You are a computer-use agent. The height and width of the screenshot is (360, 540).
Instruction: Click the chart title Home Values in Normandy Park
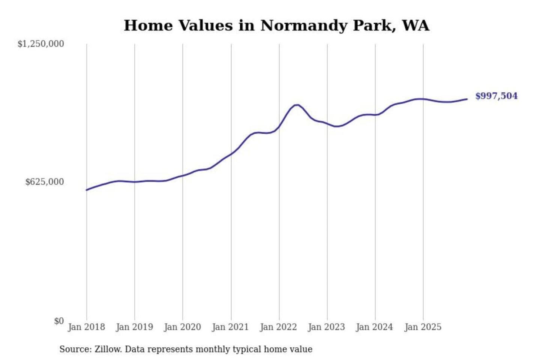tap(276, 25)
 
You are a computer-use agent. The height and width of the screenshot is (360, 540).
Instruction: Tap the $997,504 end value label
tap(496, 96)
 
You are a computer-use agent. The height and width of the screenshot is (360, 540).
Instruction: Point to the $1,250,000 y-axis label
tap(41, 44)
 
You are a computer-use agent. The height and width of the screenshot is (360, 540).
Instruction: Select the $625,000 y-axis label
tap(45, 182)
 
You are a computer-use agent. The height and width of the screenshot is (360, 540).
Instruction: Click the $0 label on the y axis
tap(59, 321)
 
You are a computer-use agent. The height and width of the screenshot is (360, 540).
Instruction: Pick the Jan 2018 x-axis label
tap(86, 327)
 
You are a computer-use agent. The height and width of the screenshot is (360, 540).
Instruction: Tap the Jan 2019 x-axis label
tap(135, 327)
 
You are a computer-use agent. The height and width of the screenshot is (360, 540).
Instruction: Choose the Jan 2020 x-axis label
tap(183, 327)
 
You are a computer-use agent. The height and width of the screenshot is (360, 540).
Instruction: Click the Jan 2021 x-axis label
tap(231, 327)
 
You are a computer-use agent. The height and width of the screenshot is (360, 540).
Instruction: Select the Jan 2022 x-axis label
tap(279, 327)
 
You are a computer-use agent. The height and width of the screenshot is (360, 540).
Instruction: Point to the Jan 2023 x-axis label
tap(327, 327)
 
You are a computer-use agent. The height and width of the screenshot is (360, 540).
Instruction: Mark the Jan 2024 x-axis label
tap(375, 327)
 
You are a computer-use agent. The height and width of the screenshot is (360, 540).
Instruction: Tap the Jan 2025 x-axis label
tap(423, 327)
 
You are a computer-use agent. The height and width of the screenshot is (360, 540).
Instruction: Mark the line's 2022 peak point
tap(297, 105)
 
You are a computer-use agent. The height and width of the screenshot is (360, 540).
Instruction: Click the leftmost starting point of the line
tap(87, 190)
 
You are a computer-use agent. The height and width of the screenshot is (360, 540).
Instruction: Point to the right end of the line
tap(467, 99)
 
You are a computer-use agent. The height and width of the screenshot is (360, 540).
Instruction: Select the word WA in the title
tap(415, 25)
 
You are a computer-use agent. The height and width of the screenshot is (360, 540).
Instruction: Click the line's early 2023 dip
tap(336, 126)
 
